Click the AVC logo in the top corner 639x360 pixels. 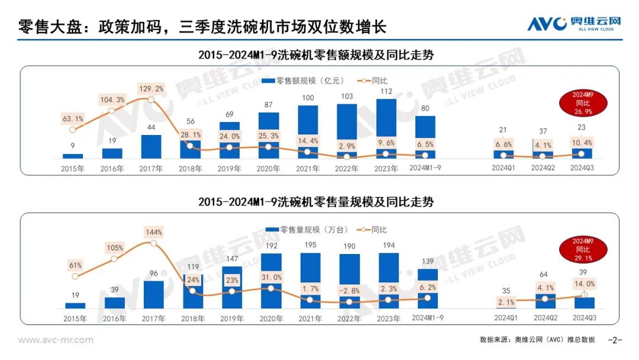574,24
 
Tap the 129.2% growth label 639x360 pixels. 151,88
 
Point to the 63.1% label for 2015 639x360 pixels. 73,118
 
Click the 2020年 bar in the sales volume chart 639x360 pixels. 271,281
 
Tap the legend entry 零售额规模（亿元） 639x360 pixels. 309,81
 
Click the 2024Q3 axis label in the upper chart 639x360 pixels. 582,168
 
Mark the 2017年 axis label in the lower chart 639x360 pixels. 153,318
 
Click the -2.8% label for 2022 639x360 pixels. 350,290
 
